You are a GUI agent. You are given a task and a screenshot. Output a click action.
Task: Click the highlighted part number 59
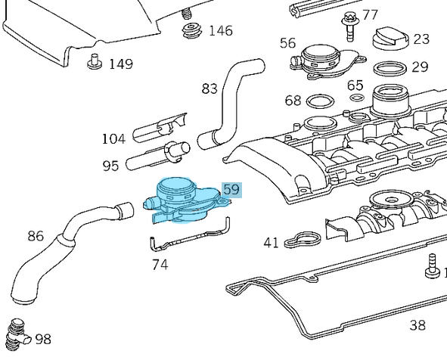[x=231, y=190]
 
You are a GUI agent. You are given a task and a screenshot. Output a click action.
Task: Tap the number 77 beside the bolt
[x=370, y=14]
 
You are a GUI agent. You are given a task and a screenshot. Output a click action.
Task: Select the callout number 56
[x=287, y=43]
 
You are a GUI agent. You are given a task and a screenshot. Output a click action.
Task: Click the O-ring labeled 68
[x=319, y=101]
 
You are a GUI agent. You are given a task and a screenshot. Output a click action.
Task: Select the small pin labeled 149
[x=95, y=61]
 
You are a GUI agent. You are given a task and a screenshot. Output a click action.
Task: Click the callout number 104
[x=113, y=138]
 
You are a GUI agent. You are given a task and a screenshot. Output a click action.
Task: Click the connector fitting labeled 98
[x=18, y=335]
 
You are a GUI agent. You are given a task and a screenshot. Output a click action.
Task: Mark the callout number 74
[x=160, y=265]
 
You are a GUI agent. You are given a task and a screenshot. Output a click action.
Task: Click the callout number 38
[x=418, y=325]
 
